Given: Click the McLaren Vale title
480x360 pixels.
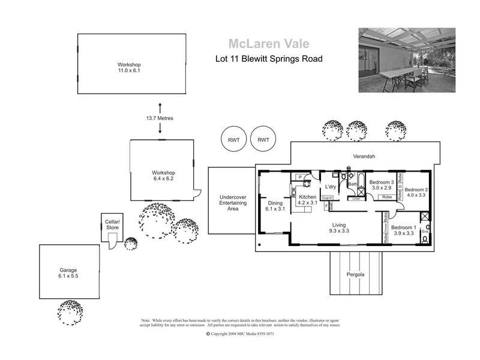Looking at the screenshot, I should coord(268,43).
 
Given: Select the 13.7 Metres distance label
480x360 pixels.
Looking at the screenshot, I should coord(160,118).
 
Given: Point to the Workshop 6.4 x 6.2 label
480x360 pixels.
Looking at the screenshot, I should coord(163,175).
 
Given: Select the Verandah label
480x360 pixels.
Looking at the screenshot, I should coord(364,157).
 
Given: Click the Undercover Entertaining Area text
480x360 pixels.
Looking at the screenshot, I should coord(229,203).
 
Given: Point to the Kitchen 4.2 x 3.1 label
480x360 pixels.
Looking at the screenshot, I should coord(307,200).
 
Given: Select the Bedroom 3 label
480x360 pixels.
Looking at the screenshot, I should coord(381,185).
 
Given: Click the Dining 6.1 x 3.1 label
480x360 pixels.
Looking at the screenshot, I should coord(276,206).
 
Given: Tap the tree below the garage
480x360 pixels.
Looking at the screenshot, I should coord(74,312).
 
